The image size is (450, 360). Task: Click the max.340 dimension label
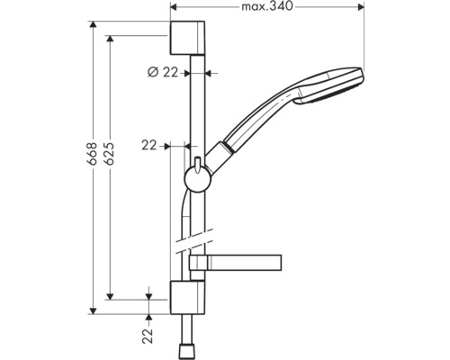pos(266,6)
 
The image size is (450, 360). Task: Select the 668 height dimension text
pos(93,153)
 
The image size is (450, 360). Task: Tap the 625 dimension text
pos(110,153)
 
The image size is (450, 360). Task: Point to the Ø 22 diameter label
pos(163,72)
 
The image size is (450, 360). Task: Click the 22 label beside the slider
pos(149,146)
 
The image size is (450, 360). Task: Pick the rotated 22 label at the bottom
pos(148,336)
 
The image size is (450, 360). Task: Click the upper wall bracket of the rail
pos(187,38)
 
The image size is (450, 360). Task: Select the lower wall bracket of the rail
pos(187,298)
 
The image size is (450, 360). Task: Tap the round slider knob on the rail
pos(197,179)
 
